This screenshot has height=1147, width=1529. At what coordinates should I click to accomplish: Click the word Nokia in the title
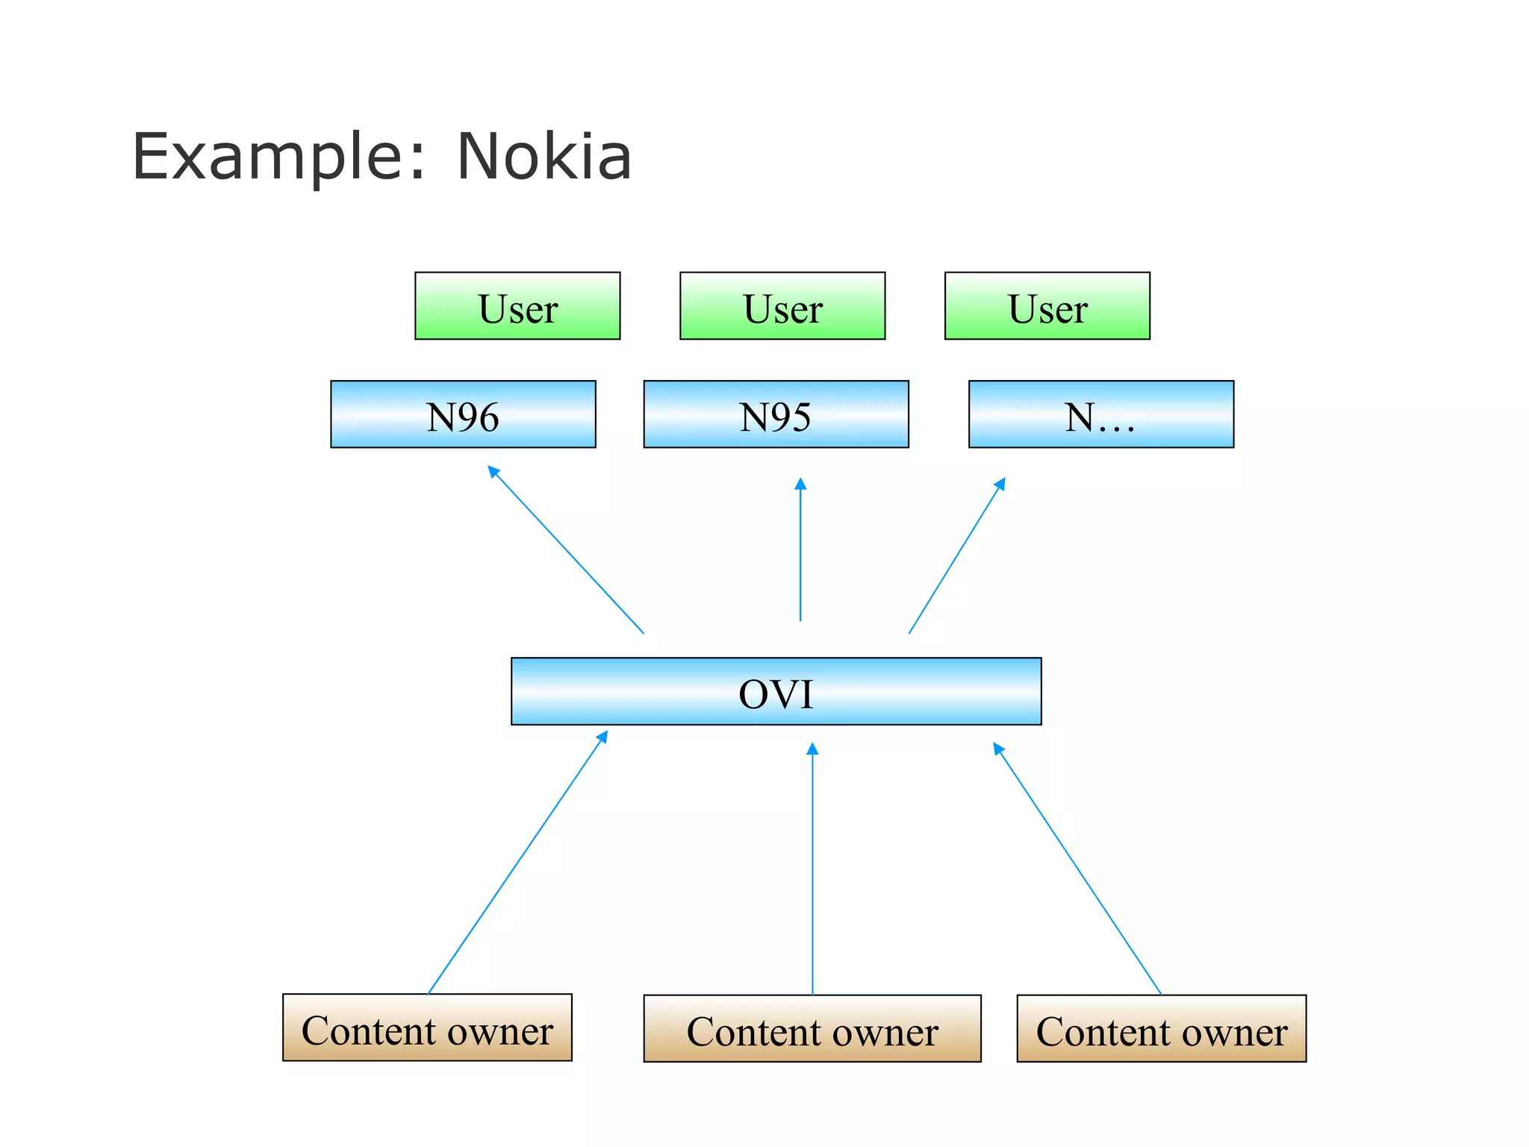[x=544, y=157]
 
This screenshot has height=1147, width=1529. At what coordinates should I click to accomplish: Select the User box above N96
[x=517, y=306]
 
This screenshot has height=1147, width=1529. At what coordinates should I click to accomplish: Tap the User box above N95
[x=782, y=306]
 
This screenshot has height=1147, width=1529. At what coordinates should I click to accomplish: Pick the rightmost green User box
[x=1047, y=306]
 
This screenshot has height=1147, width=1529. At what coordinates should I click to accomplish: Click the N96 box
[x=463, y=414]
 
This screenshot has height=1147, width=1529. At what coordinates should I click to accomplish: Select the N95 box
[x=776, y=414]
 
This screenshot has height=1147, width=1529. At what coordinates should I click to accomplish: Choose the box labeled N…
[x=1100, y=414]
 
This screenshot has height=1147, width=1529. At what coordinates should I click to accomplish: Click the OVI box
[x=776, y=691]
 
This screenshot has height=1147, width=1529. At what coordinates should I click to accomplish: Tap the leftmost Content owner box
[x=427, y=1028]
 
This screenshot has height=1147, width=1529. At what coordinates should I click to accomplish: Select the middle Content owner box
[x=812, y=1028]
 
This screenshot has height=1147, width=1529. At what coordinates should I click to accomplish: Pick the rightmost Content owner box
[x=1161, y=1028]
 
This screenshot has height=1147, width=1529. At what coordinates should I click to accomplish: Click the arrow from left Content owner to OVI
[x=517, y=863]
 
